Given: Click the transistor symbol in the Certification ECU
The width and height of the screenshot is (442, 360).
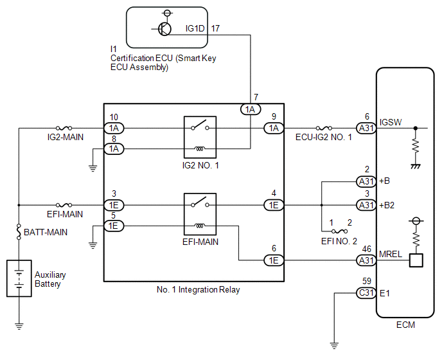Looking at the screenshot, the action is pos(164,29).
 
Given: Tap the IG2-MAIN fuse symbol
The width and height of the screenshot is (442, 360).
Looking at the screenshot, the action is pos(64,128).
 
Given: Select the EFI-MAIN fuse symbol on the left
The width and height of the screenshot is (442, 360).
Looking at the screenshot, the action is pos(64,205).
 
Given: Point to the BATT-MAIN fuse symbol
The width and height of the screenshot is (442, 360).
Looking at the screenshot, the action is pos(19,231).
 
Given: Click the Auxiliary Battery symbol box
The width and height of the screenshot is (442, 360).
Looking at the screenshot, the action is pos(19,278).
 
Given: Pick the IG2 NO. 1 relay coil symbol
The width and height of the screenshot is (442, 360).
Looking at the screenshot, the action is pos(200,148).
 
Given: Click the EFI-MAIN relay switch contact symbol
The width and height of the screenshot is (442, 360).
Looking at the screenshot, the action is pos(200,202).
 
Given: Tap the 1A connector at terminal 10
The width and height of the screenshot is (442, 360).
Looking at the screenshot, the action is pos(114,129).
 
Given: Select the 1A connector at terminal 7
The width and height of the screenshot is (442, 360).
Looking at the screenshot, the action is pos(251,109).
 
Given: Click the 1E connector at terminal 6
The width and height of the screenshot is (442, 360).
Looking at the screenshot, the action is pos(274,260).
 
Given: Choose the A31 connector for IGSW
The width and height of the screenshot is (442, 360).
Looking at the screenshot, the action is pos(366,129).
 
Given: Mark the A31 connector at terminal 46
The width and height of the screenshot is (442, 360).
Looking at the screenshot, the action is pos(366,260).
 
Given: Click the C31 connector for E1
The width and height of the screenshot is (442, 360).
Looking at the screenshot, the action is pos(366,293).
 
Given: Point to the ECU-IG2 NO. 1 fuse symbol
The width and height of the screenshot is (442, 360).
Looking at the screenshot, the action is pos(324,128).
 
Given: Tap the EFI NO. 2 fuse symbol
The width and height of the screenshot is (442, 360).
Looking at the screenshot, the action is pos(339,231).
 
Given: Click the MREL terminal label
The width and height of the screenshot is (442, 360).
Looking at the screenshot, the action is pos(391,254).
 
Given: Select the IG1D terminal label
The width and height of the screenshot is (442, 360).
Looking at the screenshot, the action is pos(195,28).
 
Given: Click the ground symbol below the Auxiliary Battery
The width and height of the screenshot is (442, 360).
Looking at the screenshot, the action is pos(19,327).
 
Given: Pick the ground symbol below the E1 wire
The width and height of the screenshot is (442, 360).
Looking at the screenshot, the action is pos(334,345).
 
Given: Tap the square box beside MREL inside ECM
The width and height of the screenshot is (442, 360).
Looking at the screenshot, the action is pos(416,260).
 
